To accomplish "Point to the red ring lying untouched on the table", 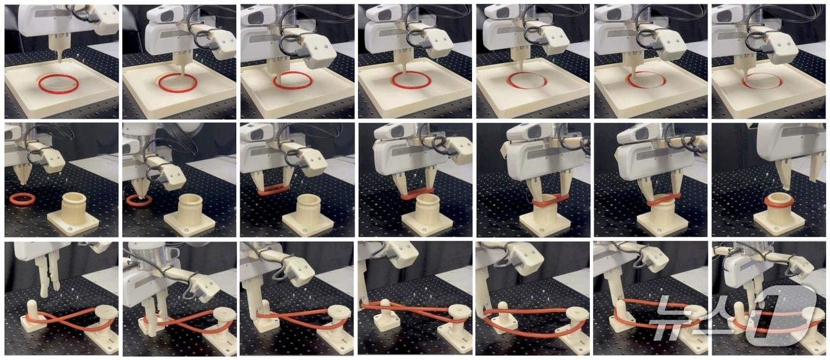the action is pyautogui.click(x=23, y=199).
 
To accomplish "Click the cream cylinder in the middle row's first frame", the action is pyautogui.click(x=74, y=208).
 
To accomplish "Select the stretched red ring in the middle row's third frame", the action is pyautogui.click(x=273, y=190).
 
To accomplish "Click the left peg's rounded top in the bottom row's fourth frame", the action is pyautogui.click(x=386, y=304).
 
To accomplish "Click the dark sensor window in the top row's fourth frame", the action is pyautogui.click(x=384, y=15).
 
